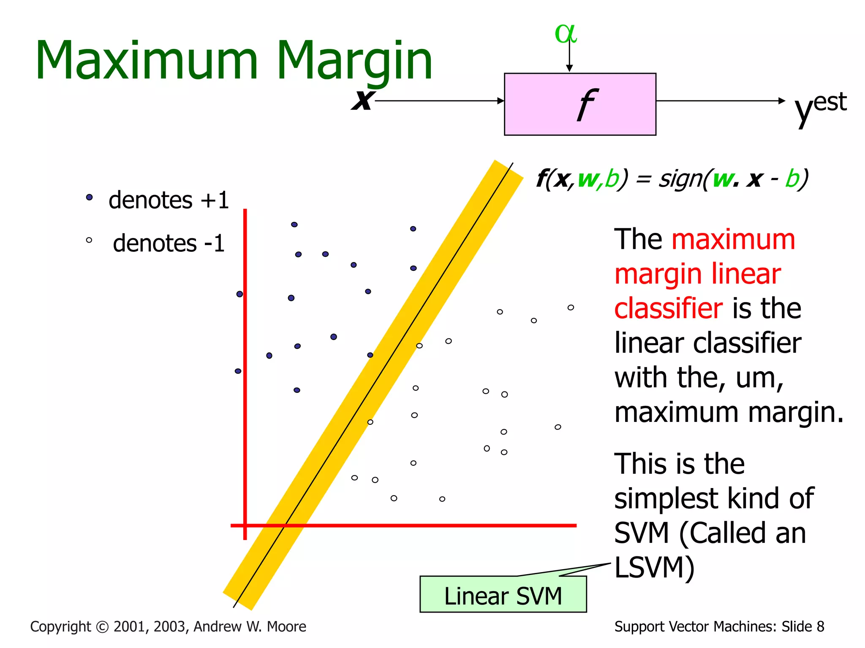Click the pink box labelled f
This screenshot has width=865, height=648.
579,104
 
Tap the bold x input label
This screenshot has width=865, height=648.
362,100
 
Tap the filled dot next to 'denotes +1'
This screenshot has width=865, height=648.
89,197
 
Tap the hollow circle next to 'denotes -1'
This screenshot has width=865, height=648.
89,240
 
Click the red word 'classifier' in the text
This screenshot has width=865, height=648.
668,308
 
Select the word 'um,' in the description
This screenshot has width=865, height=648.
759,378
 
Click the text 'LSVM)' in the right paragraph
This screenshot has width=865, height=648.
654,568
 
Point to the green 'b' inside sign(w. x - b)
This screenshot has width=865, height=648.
792,179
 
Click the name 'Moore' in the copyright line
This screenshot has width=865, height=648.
287,626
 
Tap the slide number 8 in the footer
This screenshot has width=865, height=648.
820,626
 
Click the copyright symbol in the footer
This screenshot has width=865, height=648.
102,627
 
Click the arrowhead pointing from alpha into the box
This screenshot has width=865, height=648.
569,68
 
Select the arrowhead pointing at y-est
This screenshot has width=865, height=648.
781,101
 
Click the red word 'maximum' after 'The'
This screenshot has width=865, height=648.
733,240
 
